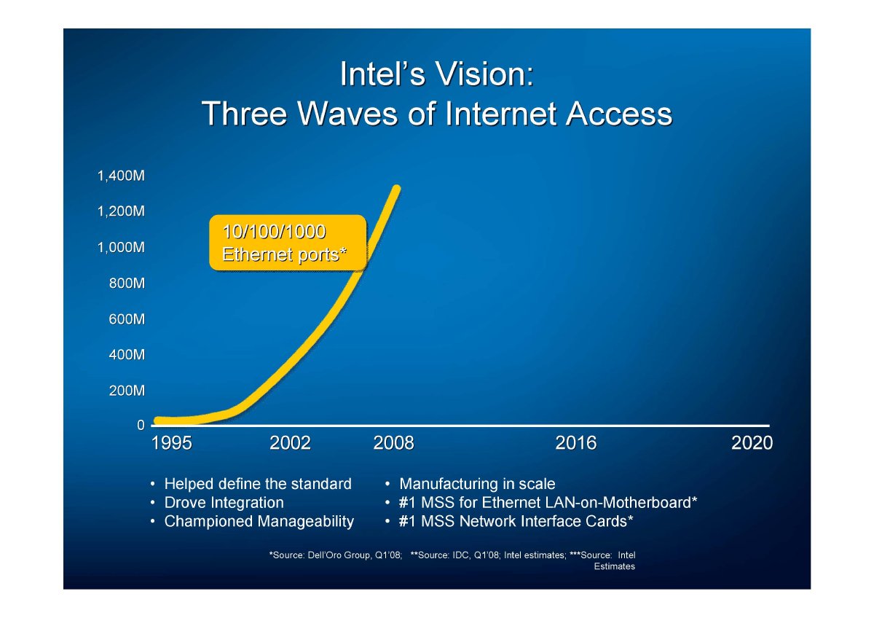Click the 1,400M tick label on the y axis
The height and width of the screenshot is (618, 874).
(x=121, y=176)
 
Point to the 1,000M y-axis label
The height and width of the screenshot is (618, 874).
(x=121, y=248)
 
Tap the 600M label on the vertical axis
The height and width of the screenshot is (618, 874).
(x=127, y=319)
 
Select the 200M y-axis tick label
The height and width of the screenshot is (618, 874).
(x=127, y=391)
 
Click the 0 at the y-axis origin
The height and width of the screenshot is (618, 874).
(x=141, y=425)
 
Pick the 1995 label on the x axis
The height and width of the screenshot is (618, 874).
(x=172, y=443)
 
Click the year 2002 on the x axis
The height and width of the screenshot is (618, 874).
(x=290, y=443)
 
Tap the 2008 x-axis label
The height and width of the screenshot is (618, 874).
(x=393, y=443)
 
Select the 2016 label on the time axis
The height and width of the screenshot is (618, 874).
(x=576, y=443)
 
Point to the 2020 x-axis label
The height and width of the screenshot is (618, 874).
(x=752, y=443)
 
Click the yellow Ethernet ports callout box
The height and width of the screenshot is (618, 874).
(x=288, y=243)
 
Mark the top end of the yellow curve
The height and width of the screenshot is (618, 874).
(x=396, y=188)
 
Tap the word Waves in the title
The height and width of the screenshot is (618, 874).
(x=348, y=114)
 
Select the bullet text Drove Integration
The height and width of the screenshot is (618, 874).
(x=224, y=503)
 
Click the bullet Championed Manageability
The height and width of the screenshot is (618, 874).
(x=259, y=522)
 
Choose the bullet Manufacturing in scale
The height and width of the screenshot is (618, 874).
(x=477, y=484)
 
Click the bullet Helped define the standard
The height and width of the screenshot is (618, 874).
(x=258, y=484)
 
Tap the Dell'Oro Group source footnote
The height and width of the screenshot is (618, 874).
(x=336, y=555)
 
